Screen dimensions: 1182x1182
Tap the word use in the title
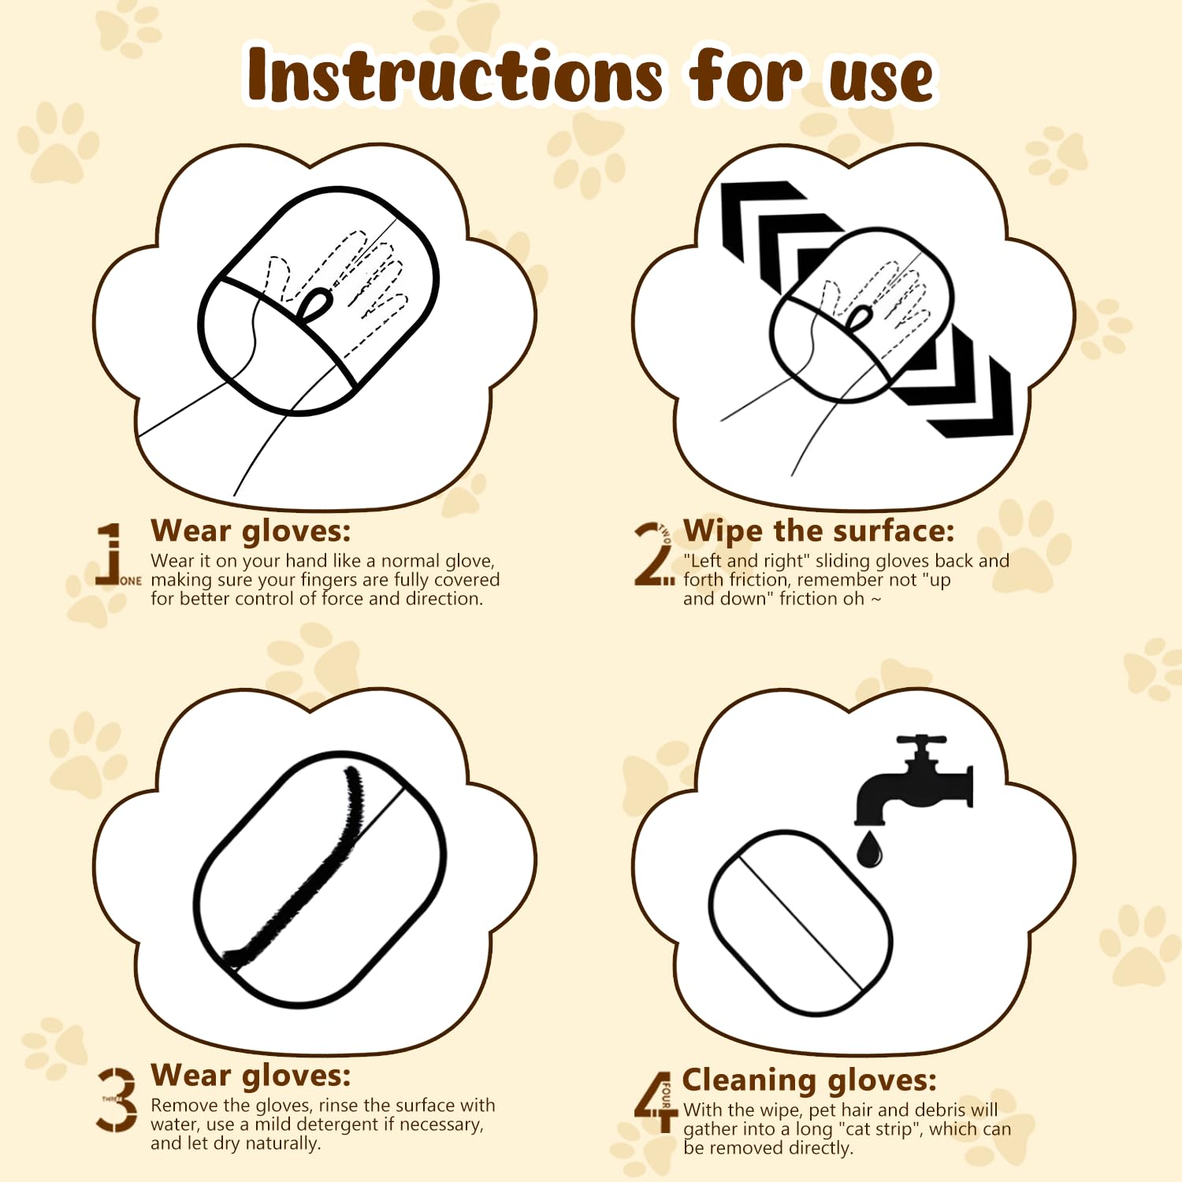pyautogui.click(x=881, y=79)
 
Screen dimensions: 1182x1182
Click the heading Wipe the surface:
pyautogui.click(x=818, y=531)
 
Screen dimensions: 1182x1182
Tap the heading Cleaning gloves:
pyautogui.click(x=809, y=1080)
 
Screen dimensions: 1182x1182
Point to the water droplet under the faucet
pyautogui.click(x=869, y=849)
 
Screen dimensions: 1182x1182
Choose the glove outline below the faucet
pyautogui.click(x=800, y=922)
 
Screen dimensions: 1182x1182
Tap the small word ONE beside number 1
pyautogui.click(x=131, y=581)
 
